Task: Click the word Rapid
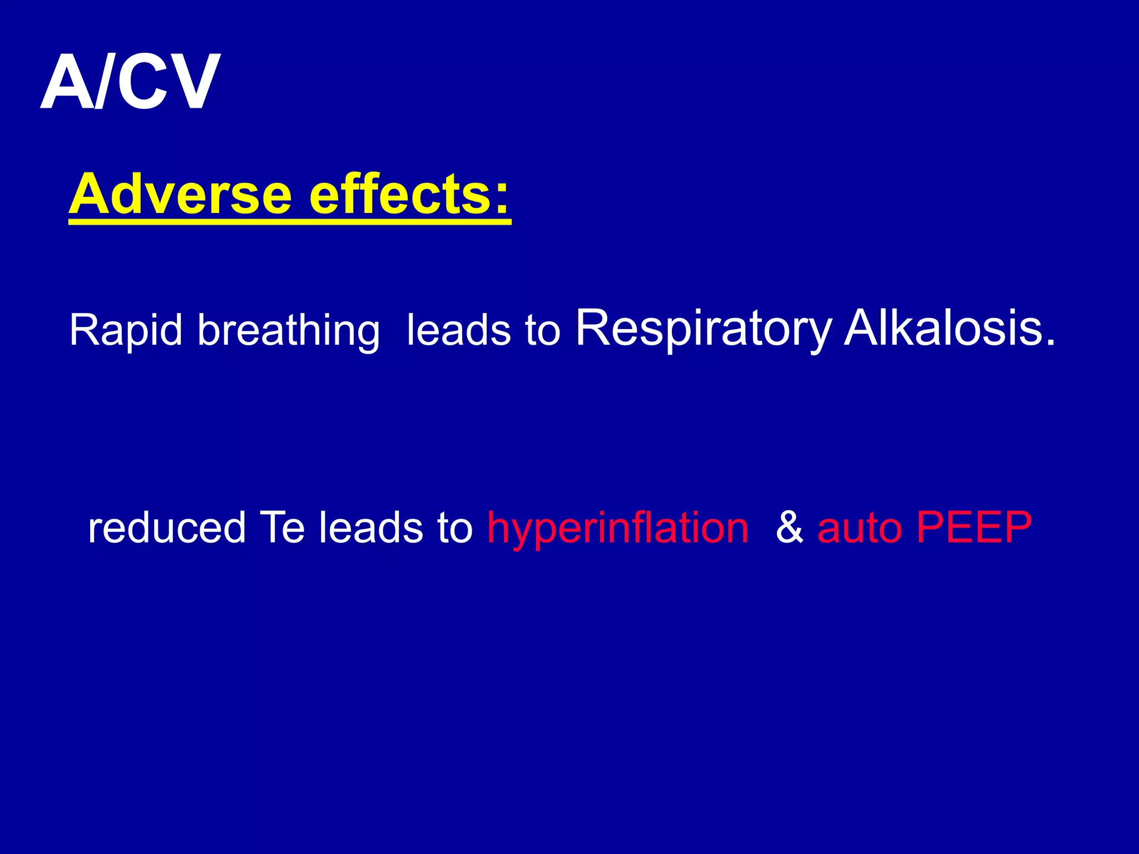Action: tap(126, 331)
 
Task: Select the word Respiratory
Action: tap(704, 330)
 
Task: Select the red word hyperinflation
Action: tap(618, 528)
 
